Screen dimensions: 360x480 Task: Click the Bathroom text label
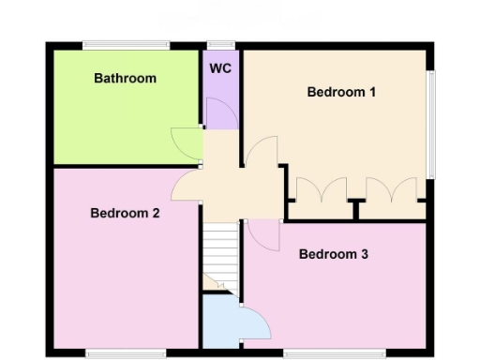tap(125, 79)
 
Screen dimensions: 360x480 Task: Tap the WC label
tap(220, 69)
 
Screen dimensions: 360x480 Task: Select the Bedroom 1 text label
tap(341, 92)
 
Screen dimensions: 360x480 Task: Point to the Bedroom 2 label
tap(125, 213)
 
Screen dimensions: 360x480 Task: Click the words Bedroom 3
tap(334, 254)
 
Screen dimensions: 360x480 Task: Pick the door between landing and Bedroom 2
tap(185, 186)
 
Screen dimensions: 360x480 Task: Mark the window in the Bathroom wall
tap(125, 45)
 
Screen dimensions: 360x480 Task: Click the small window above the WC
tap(220, 45)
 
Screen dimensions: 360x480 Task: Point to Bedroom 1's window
tap(431, 124)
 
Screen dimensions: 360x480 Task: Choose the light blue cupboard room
tap(219, 323)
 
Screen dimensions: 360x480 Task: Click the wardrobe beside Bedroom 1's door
tap(320, 191)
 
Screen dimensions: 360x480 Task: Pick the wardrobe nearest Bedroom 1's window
tap(391, 191)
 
